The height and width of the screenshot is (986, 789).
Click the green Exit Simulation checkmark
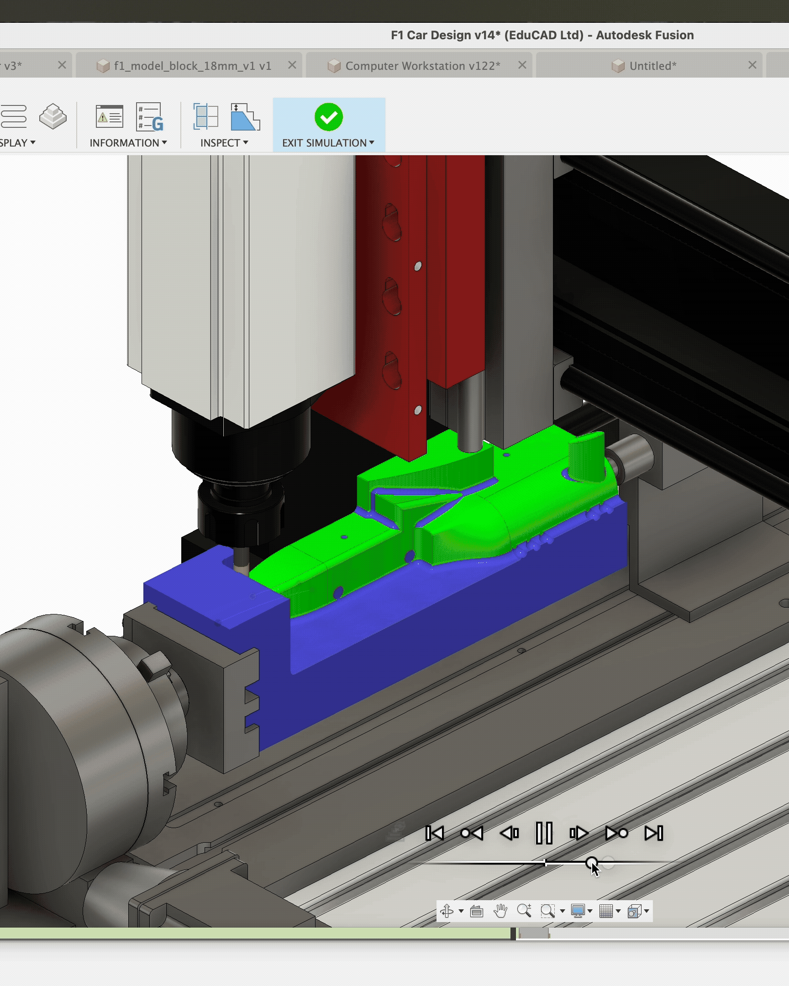(328, 117)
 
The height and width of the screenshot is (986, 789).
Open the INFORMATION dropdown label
(127, 143)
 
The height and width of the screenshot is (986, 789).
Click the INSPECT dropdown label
(224, 143)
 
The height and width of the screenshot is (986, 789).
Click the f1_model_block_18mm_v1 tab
(192, 66)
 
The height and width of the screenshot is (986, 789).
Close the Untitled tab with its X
(752, 65)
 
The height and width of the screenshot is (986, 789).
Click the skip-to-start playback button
(434, 833)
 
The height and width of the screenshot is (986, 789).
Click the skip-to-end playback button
(653, 833)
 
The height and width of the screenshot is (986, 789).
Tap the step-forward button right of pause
(579, 833)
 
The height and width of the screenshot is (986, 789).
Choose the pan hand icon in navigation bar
(500, 911)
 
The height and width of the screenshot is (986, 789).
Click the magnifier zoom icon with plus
(524, 911)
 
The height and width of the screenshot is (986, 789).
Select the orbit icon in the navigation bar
(447, 911)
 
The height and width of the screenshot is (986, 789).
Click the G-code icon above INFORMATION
(150, 117)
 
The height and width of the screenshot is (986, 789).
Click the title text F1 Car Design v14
(542, 35)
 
